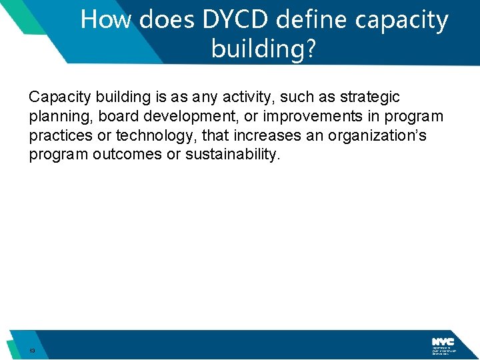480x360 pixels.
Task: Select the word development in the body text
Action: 187,117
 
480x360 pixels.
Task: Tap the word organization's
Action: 386,136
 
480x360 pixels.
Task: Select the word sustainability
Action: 231,155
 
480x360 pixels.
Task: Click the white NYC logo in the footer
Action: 443,341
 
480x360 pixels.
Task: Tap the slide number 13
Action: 31,351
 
